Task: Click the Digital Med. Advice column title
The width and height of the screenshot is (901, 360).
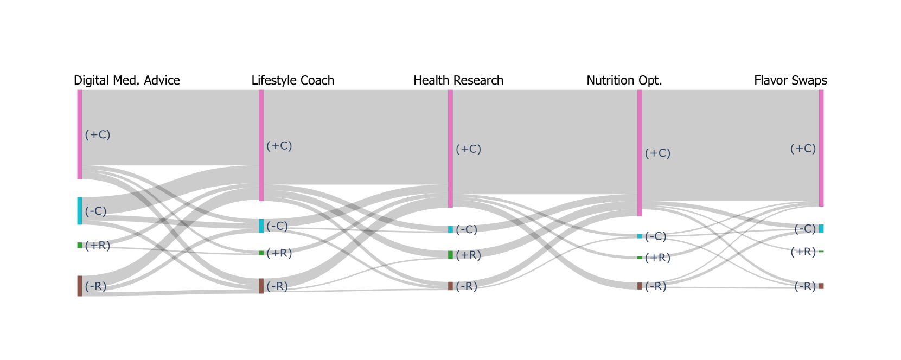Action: (126, 81)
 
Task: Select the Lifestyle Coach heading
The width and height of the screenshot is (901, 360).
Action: (292, 81)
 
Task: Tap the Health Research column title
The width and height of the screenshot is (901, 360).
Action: (458, 81)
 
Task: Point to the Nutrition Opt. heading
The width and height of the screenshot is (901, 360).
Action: (624, 81)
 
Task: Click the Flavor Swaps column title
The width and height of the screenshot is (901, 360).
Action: (790, 81)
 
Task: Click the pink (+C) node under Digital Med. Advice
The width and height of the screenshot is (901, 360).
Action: (80, 134)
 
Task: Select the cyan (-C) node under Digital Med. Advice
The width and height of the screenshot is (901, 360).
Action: (80, 211)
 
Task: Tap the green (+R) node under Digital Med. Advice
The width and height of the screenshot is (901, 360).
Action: (80, 245)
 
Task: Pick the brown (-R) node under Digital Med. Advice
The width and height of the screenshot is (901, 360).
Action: (80, 286)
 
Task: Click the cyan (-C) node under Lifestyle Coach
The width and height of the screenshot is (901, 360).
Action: (261, 226)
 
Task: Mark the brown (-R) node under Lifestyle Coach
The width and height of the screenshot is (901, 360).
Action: (261, 286)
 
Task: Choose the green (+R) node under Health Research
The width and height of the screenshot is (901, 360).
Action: (450, 255)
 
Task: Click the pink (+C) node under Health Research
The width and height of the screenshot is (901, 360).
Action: (450, 149)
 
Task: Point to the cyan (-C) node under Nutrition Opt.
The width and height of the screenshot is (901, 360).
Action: (640, 236)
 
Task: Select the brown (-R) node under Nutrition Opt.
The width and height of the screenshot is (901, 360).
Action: (640, 286)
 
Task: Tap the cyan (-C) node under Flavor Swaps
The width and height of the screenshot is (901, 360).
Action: (821, 229)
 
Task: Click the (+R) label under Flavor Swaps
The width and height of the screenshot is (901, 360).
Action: (803, 252)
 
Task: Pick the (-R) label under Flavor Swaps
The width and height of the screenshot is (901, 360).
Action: (805, 286)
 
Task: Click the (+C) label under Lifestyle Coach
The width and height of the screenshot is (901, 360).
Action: (279, 146)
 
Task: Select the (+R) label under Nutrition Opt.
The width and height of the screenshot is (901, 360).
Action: (657, 258)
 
